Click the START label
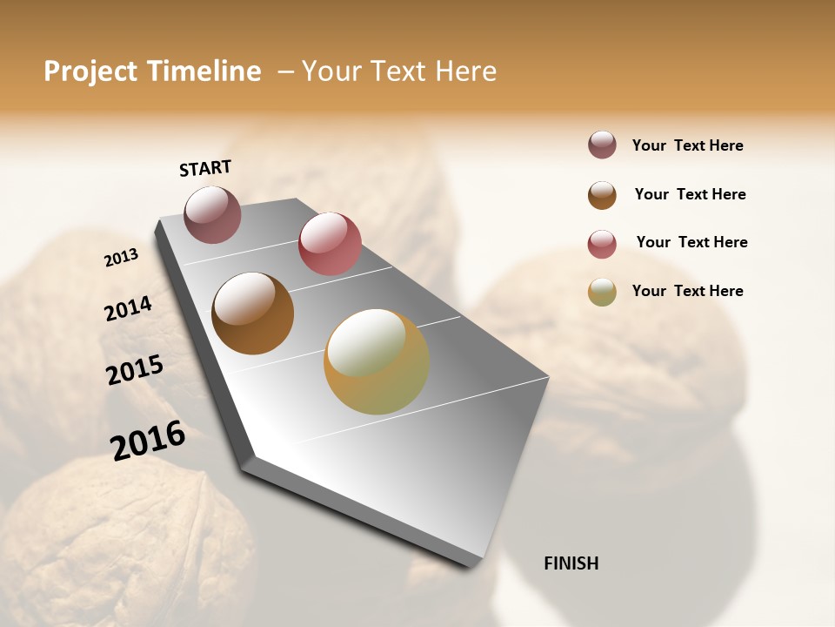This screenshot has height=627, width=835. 205,168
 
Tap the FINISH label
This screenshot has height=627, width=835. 571,563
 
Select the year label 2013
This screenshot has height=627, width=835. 122,257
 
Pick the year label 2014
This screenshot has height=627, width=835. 128,308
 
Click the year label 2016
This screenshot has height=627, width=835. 148,440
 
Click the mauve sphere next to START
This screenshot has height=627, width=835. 212,214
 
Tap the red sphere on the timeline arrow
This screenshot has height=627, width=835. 330,244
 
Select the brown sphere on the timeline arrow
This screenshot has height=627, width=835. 253,313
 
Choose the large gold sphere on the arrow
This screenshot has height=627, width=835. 377,361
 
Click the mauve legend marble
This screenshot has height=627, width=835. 602,145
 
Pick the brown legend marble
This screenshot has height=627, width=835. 602,195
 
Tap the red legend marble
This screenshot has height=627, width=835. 602,244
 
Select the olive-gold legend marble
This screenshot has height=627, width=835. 602,292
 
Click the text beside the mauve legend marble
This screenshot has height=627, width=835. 687,145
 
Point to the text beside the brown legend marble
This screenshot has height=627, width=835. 690,194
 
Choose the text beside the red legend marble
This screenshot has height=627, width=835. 691,242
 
